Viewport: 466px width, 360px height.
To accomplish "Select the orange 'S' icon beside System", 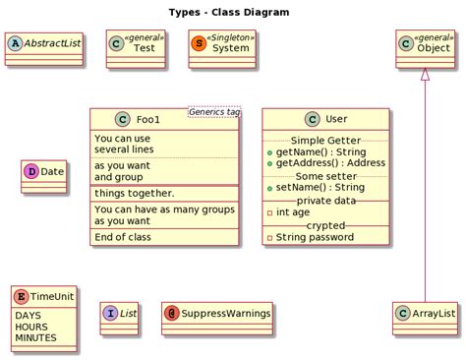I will pos(200,44).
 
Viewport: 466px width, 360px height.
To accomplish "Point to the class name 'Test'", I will pos(144,49).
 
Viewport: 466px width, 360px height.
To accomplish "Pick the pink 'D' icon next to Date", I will pos(30,171).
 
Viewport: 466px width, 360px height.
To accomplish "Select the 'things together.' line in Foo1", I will pos(134,194).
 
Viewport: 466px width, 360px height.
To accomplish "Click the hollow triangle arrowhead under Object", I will pos(425,73).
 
